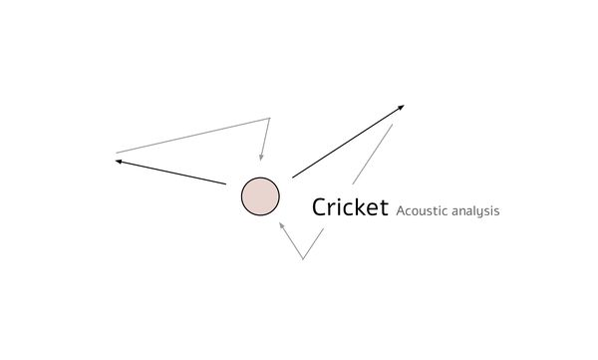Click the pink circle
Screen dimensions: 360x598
point(260,196)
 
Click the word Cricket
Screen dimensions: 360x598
point(350,207)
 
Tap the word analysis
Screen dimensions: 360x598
point(473,211)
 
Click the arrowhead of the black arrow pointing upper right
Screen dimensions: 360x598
point(402,106)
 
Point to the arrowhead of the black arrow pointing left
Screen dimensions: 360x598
point(118,161)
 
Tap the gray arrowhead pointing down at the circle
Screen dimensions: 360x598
point(261,157)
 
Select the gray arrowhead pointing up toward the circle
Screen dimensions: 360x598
point(281,224)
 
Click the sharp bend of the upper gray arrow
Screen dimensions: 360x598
point(269,119)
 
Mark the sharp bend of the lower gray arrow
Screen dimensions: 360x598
point(303,258)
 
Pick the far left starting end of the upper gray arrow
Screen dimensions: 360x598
point(117,153)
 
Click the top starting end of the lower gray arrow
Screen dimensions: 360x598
point(392,125)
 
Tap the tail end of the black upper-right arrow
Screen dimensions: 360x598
point(293,178)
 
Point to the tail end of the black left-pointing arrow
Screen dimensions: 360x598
point(225,183)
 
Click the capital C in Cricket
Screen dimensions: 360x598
point(320,207)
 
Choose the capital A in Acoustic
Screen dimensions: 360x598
point(401,211)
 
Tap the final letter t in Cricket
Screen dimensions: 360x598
point(384,207)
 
